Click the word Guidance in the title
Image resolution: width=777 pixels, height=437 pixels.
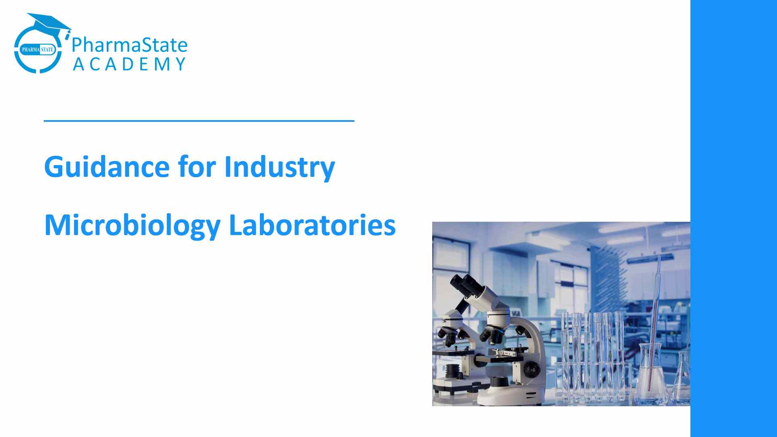tap(107, 167)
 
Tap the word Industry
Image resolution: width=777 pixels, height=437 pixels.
tap(280, 168)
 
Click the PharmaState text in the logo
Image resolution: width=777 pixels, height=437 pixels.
tap(129, 45)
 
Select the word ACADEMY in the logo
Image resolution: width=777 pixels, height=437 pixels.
tap(129, 64)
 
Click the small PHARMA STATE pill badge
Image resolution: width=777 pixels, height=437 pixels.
tap(38, 50)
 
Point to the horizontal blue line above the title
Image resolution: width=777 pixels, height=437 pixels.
tap(199, 121)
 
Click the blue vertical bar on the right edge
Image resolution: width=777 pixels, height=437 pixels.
tap(734, 218)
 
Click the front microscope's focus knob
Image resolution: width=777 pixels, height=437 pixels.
tap(532, 369)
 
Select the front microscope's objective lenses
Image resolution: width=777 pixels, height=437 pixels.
tap(491, 335)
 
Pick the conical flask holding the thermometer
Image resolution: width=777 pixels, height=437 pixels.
tap(651, 374)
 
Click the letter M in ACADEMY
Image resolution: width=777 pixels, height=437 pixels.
tap(162, 64)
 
